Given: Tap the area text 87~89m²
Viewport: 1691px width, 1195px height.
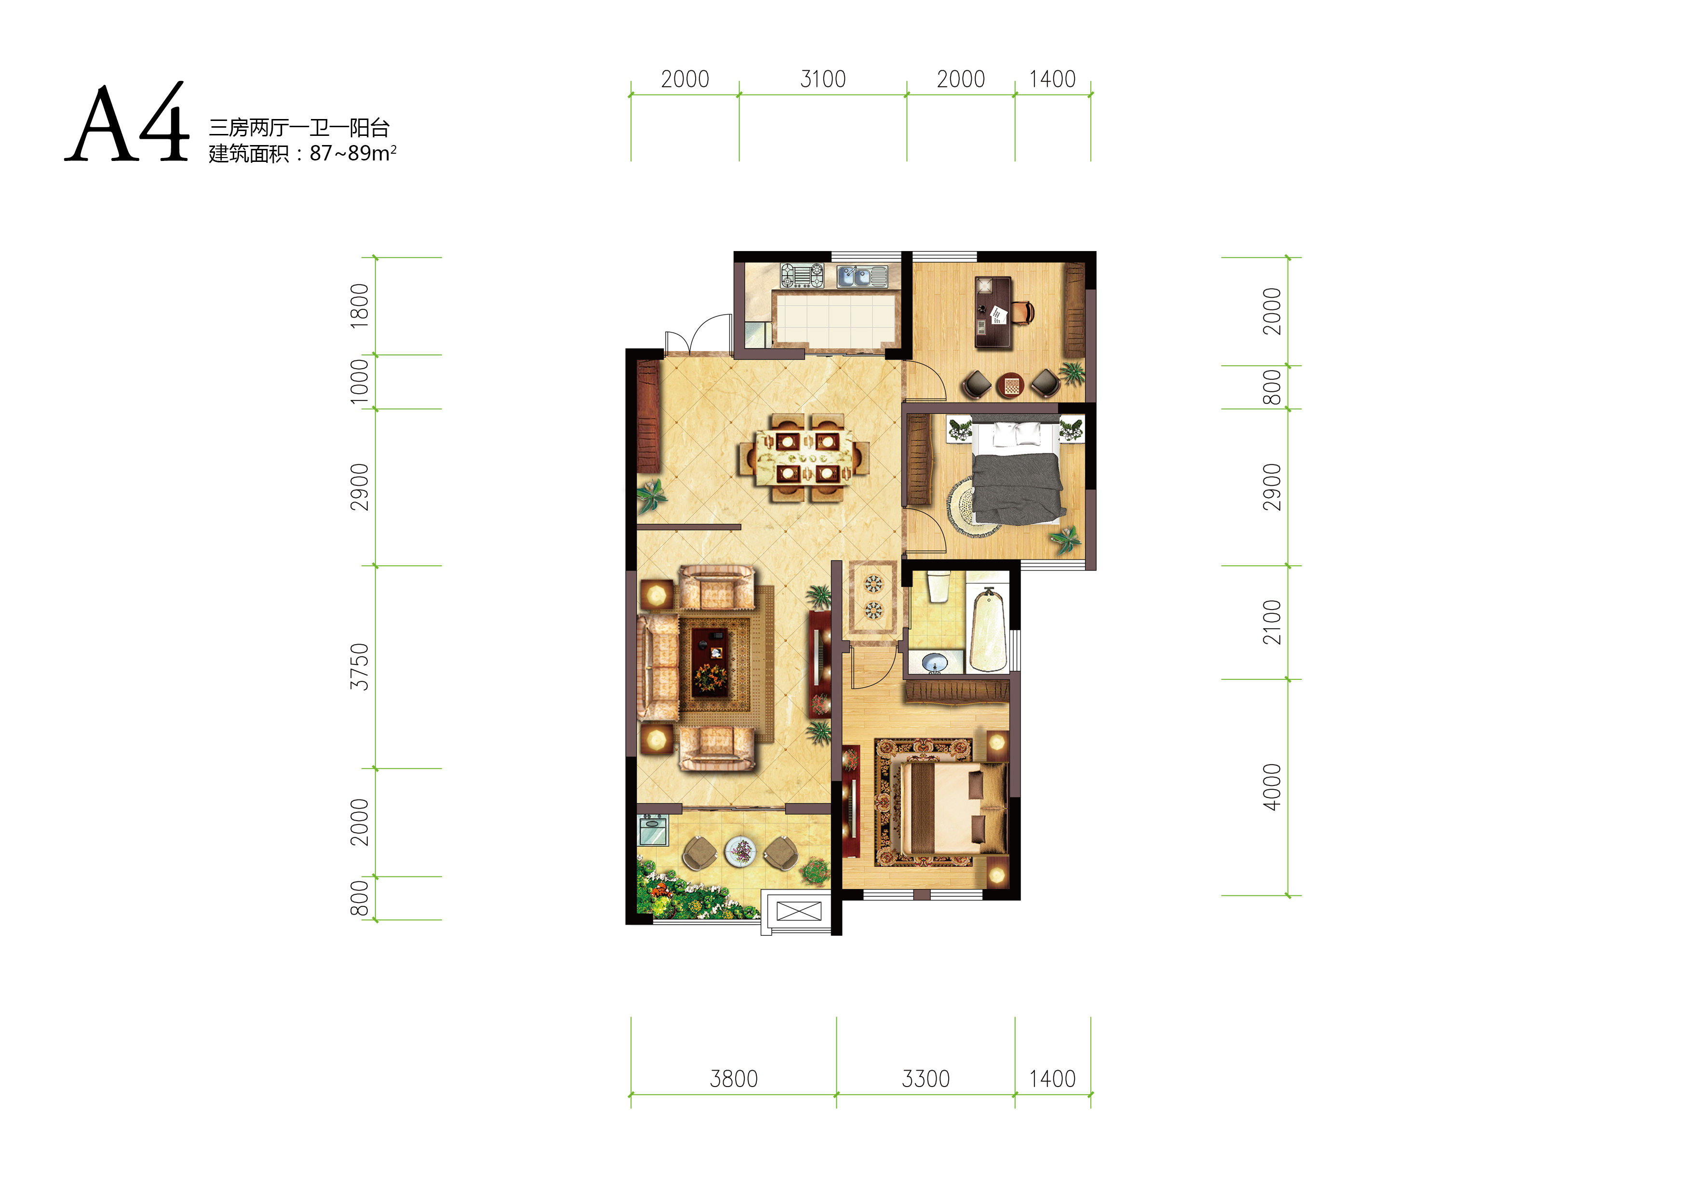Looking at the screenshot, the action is [x=353, y=153].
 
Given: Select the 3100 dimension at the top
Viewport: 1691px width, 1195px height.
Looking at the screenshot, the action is [x=823, y=79].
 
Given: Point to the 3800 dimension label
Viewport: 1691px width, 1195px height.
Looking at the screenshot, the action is [x=734, y=1079].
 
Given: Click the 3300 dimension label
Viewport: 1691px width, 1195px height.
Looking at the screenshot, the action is [x=926, y=1079].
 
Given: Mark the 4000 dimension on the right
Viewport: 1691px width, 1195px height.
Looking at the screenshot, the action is [x=1272, y=787].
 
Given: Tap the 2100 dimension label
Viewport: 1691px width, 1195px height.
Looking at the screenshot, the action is [x=1272, y=622].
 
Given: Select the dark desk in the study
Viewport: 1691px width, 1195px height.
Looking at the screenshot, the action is [x=993, y=311].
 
